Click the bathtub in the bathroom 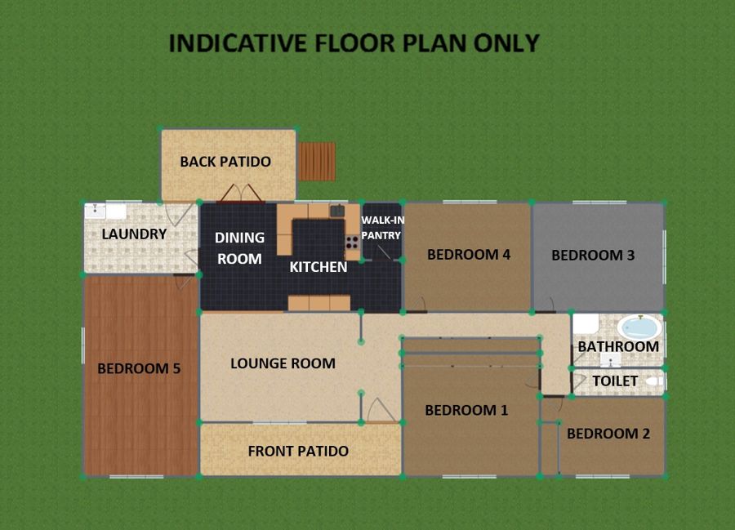[x=639, y=327]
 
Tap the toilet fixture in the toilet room [x=654, y=381]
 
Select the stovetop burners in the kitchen [x=352, y=243]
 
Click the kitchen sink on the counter [x=337, y=211]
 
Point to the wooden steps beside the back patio [x=317, y=162]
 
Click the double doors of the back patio [x=241, y=194]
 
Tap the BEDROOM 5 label [x=139, y=369]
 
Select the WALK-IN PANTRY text [x=382, y=228]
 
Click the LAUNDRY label [x=134, y=234]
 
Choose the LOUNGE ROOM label [x=283, y=363]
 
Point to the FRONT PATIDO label [x=298, y=452]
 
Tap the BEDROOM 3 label [x=593, y=256]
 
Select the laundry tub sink [x=96, y=211]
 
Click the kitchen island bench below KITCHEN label [x=318, y=303]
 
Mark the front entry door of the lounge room [x=381, y=411]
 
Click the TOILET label [x=615, y=381]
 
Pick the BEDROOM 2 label [x=608, y=434]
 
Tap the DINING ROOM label [x=239, y=248]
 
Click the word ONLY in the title [x=506, y=43]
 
